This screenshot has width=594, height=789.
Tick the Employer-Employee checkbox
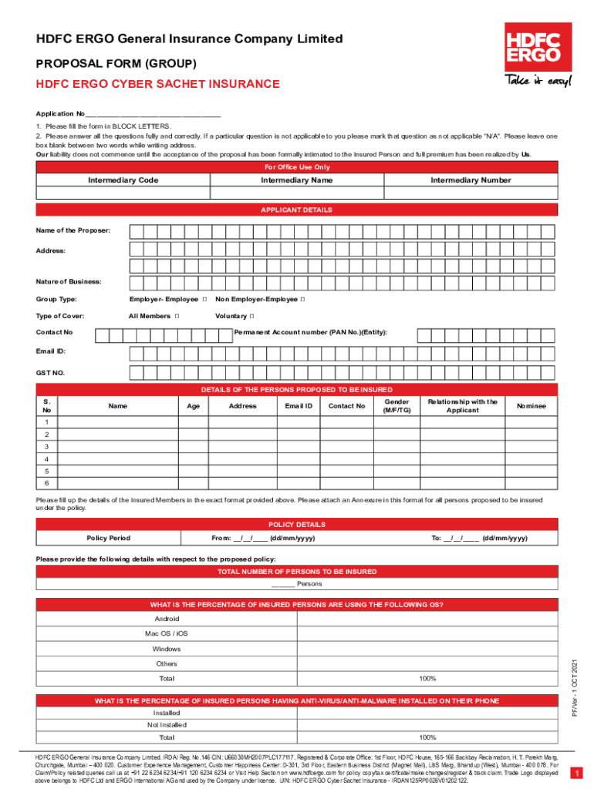(x=204, y=299)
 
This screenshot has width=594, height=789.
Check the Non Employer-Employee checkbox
(x=302, y=299)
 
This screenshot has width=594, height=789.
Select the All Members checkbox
(x=177, y=317)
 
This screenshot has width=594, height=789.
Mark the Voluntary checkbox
(x=252, y=317)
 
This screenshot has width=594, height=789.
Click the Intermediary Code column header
(x=123, y=180)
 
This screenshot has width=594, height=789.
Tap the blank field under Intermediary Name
(x=296, y=193)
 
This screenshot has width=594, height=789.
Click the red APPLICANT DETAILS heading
(x=296, y=210)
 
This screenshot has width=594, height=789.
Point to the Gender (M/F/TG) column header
(x=391, y=406)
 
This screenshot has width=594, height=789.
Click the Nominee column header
(x=531, y=405)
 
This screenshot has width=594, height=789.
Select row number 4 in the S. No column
(x=47, y=458)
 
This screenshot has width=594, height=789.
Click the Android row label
(x=167, y=619)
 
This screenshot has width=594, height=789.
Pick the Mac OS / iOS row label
(x=167, y=633)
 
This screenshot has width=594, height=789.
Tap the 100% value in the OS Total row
(x=427, y=679)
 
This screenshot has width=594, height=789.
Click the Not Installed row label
(x=167, y=725)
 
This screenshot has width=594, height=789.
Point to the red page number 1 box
(x=575, y=773)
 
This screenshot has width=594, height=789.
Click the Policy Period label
(x=108, y=538)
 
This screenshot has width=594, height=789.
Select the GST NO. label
(x=50, y=373)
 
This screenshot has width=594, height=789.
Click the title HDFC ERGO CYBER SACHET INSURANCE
(x=157, y=84)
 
